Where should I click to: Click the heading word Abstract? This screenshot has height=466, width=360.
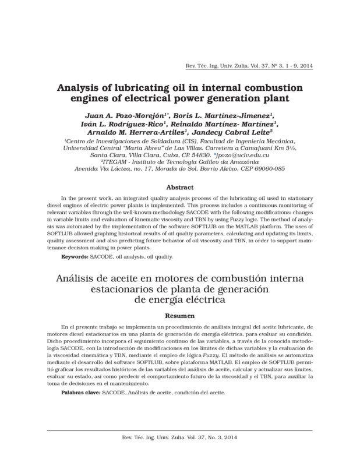179,188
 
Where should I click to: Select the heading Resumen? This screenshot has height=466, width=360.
179,316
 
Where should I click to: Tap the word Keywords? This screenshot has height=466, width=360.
75,257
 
